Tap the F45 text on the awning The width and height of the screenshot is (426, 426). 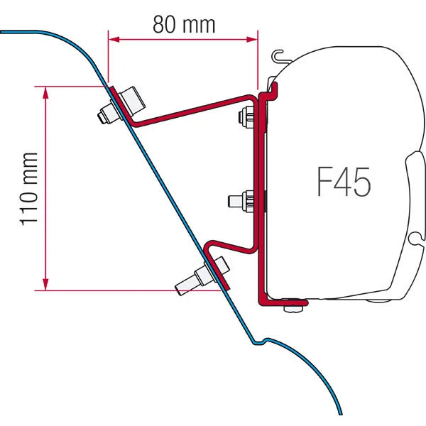click(x=343, y=183)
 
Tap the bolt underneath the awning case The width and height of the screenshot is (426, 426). click(x=291, y=306)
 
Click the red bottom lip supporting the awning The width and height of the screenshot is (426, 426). click(x=284, y=300)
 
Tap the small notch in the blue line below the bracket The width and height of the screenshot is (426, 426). click(x=261, y=342)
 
